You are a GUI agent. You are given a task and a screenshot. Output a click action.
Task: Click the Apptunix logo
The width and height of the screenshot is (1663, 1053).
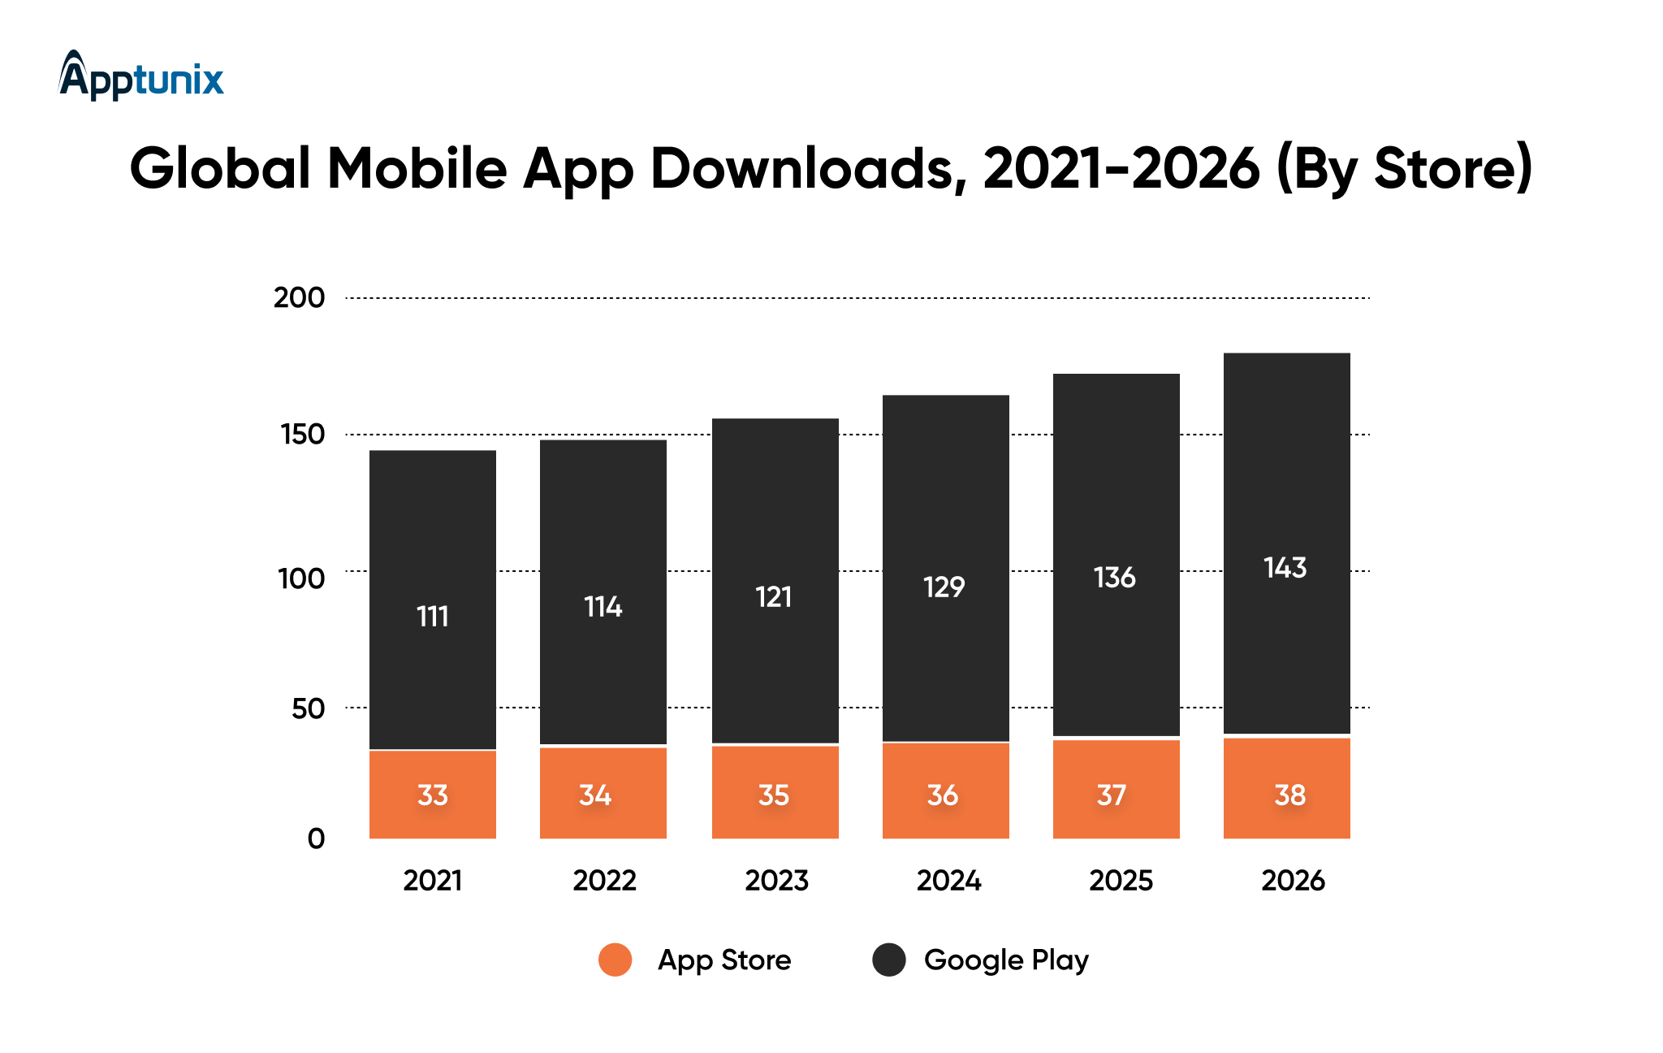141,76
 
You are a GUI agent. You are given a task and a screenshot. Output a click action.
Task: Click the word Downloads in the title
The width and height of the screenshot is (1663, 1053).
801,169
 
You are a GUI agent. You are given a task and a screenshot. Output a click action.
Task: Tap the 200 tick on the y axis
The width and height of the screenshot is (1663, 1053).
299,297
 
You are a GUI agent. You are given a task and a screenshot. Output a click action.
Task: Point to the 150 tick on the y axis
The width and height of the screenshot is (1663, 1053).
302,435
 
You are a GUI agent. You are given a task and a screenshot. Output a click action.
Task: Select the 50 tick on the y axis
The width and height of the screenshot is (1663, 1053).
308,708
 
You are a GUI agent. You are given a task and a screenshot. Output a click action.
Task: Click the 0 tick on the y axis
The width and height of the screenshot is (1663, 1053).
316,838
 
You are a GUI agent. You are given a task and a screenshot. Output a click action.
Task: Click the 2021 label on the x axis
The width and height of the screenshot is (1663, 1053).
433,880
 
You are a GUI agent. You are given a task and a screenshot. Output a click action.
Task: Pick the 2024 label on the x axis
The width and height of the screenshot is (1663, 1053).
948,880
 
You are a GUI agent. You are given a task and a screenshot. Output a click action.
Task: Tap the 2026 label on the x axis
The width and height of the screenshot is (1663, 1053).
1293,880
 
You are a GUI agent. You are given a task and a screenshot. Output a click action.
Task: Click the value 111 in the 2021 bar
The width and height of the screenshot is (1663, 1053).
433,616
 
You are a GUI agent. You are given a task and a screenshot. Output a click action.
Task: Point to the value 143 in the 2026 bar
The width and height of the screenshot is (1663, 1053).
1285,567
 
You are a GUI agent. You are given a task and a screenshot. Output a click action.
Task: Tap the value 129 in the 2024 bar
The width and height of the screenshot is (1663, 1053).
944,587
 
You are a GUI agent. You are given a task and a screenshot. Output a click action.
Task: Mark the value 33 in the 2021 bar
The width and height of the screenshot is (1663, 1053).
433,795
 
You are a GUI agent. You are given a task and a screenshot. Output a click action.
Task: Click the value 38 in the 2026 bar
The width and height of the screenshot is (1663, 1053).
1290,795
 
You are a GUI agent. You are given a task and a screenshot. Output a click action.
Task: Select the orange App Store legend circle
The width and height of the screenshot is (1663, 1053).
616,960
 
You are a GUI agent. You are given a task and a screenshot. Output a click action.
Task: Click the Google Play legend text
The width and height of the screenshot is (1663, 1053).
1006,960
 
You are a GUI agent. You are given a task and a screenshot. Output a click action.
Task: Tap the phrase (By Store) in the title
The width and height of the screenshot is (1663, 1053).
1404,169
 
